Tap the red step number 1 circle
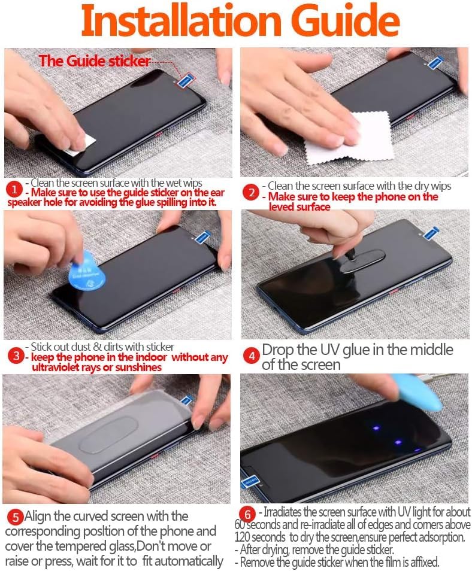(x=14, y=190)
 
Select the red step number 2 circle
(x=251, y=192)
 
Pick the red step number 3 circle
(x=16, y=356)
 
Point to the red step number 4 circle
(x=252, y=356)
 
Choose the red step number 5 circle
(x=16, y=517)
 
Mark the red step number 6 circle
(x=247, y=515)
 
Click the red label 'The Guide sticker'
(x=95, y=61)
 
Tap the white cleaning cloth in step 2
(x=350, y=136)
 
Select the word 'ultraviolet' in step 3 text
(x=56, y=367)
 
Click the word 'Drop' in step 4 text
(x=278, y=350)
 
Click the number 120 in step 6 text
(x=241, y=537)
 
